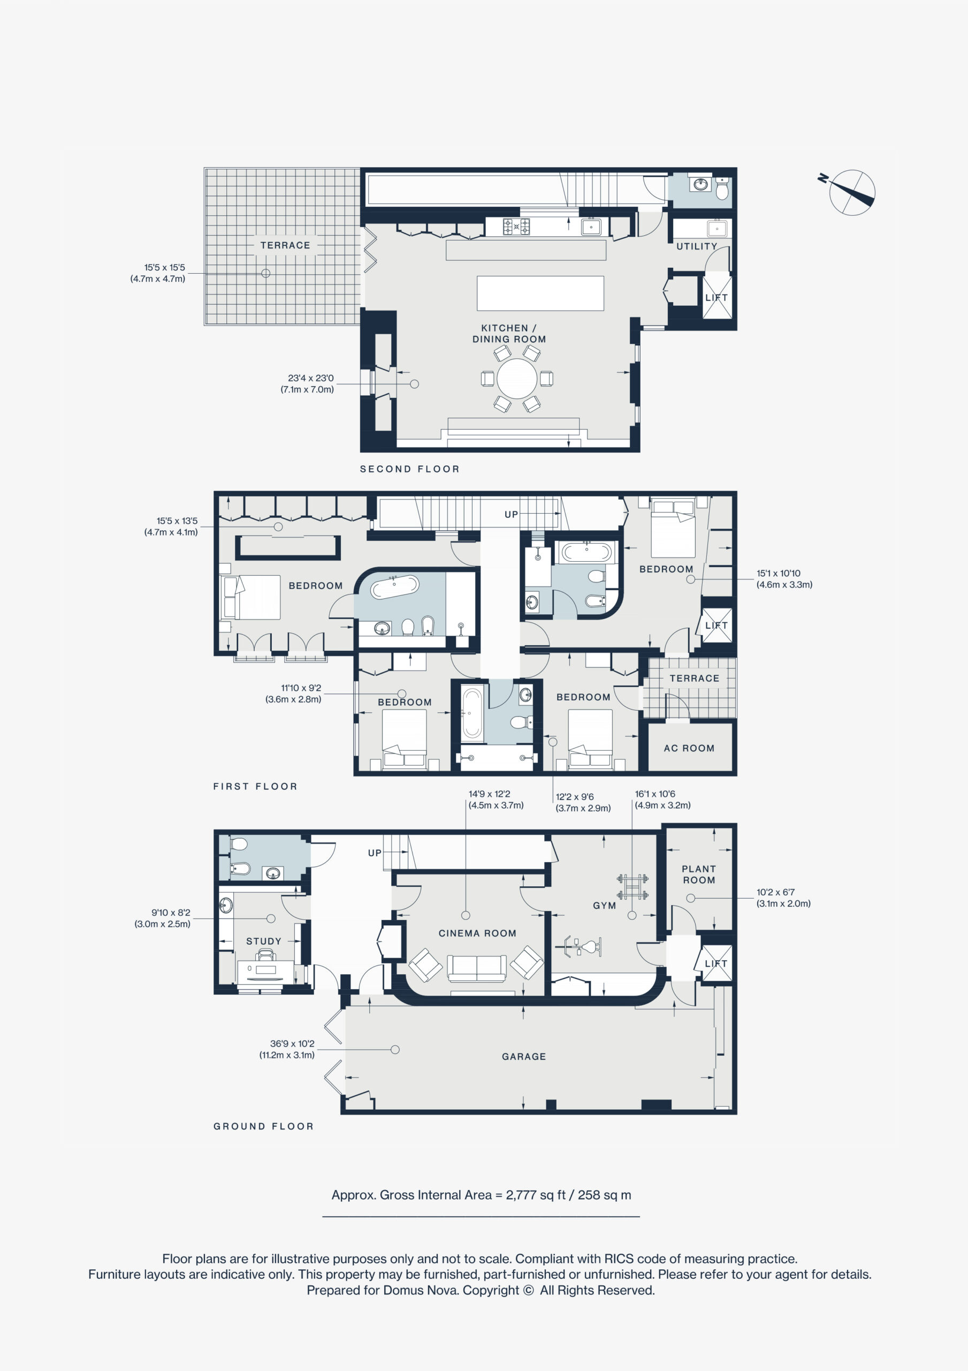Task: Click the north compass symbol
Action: (850, 191)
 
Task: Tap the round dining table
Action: (517, 379)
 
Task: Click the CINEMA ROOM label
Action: (477, 933)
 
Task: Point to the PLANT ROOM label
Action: (699, 875)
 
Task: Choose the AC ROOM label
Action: (689, 748)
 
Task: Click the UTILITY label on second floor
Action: (697, 246)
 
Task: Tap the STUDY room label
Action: (264, 941)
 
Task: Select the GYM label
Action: (605, 905)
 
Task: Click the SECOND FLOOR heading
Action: (410, 469)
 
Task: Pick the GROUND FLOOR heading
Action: (264, 1126)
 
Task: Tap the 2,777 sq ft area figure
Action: (535, 1195)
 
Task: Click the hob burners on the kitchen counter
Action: (516, 227)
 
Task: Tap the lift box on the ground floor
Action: (716, 963)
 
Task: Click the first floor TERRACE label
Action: (695, 679)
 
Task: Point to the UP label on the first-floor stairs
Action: (512, 514)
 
